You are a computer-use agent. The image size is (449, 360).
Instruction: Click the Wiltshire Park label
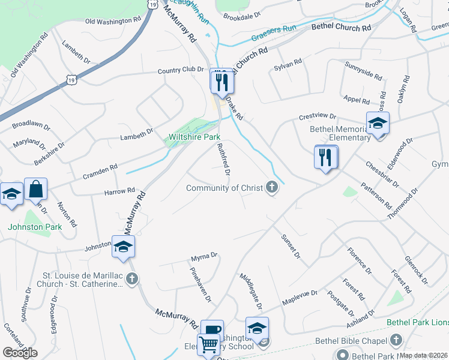pyautogui.click(x=194, y=137)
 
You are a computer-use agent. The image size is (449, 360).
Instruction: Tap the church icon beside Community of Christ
pyautogui.click(x=272, y=188)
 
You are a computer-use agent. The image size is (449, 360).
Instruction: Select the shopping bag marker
pyautogui.click(x=36, y=189)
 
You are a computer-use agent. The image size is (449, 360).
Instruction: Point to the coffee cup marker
pyautogui.click(x=212, y=329)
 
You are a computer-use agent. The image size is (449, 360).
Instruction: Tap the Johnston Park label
pyautogui.click(x=34, y=227)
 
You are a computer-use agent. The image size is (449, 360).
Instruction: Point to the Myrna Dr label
pyautogui.click(x=204, y=257)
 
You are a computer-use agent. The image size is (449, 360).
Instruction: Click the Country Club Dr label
pyautogui.click(x=181, y=70)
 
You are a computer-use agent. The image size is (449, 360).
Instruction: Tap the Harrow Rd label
pyautogui.click(x=119, y=191)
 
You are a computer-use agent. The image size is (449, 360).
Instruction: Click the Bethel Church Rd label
pyautogui.click(x=342, y=28)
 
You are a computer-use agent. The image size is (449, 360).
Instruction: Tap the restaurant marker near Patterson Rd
pyautogui.click(x=326, y=157)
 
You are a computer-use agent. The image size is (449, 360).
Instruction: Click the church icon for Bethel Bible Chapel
pyautogui.click(x=395, y=340)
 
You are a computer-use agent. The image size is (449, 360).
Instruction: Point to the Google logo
pyautogui.click(x=20, y=353)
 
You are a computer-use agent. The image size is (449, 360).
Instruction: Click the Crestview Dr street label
pyautogui.click(x=318, y=116)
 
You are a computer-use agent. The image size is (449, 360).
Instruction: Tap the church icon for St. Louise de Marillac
pyautogui.click(x=132, y=278)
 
